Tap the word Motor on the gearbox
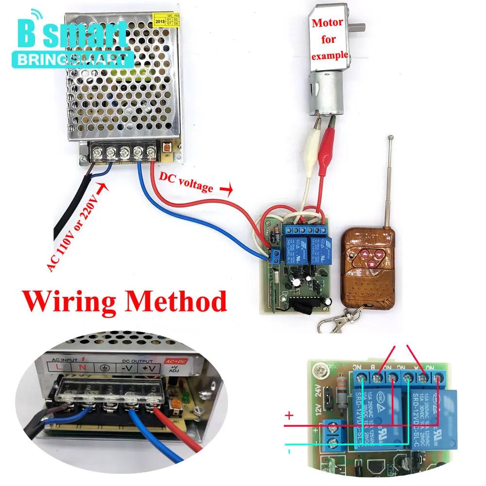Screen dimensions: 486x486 (328, 22)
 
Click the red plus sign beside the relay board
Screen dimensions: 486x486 (289, 416)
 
